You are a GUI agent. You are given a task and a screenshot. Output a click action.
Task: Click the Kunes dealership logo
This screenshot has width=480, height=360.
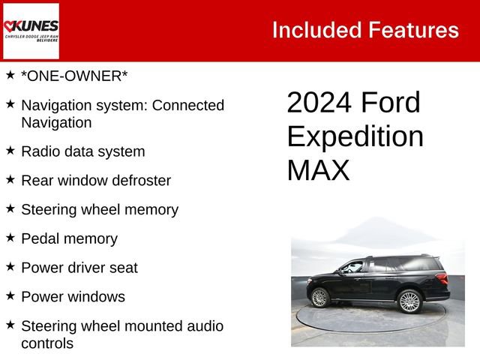point(31,31)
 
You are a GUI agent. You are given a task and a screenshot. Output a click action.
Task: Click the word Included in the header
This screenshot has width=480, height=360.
point(316,30)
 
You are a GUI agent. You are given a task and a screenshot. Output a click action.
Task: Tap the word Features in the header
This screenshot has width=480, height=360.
point(413,30)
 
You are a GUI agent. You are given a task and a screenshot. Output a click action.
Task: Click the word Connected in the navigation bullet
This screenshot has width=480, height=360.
point(188,106)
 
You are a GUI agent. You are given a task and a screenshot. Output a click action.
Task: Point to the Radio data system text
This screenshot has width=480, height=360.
point(82,151)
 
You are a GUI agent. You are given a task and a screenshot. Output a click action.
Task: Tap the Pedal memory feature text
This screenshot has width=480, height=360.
point(69,239)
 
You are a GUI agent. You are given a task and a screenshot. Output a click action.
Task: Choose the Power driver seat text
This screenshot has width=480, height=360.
point(79,268)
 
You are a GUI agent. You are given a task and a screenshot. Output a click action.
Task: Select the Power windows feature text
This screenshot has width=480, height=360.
point(73,297)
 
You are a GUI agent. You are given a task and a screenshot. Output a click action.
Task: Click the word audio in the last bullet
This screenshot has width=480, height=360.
point(202,326)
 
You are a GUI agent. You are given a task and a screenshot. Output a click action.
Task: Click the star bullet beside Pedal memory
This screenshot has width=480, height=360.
point(10,238)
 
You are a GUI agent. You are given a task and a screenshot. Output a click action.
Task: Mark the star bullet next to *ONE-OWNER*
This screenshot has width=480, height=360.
point(10,75)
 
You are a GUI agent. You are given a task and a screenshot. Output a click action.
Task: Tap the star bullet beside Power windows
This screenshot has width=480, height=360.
point(10,295)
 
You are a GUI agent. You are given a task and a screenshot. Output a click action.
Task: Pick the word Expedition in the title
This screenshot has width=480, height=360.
point(355,136)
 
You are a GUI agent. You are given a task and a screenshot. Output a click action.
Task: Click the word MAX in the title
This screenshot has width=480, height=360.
point(318,171)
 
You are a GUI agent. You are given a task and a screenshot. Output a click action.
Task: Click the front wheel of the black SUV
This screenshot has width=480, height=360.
point(320,298)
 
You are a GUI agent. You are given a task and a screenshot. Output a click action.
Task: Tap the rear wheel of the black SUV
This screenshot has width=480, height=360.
point(409,301)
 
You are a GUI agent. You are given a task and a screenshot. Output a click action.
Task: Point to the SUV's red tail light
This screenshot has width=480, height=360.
point(442,278)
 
